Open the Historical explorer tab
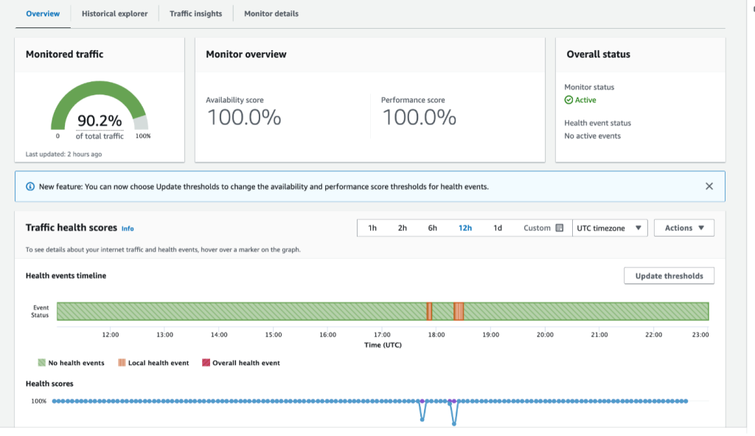click(114, 13)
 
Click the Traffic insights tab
click(195, 13)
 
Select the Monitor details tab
click(271, 13)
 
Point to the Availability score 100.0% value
click(244, 117)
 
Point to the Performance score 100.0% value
click(419, 117)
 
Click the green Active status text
click(585, 100)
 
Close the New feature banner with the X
click(709, 187)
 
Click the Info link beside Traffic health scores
click(128, 229)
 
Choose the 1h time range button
click(372, 228)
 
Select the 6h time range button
click(433, 228)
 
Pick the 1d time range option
click(498, 228)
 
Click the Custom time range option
click(543, 228)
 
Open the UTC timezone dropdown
click(610, 228)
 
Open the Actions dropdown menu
click(683, 228)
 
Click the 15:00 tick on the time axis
click(274, 335)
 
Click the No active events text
click(592, 136)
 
